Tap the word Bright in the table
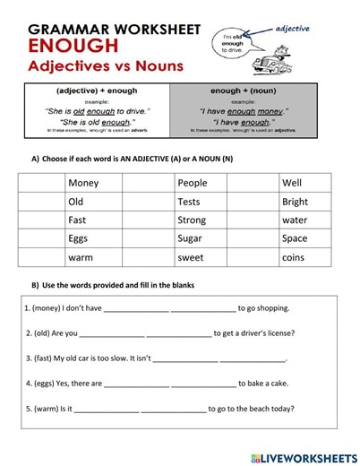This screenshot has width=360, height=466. coord(295,202)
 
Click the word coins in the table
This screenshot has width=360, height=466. coord(293,257)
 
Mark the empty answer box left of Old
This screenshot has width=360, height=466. coord(39,202)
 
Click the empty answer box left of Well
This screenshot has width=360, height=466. coord(253,183)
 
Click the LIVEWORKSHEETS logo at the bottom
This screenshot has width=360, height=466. coord(304,457)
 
